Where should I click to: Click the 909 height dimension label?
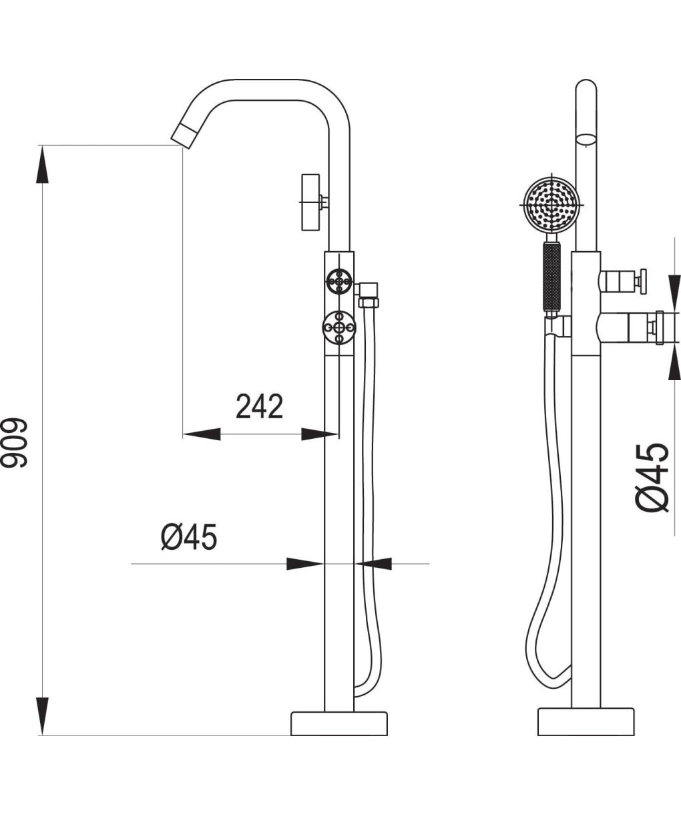click(14, 443)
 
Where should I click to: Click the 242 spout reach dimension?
click(259, 406)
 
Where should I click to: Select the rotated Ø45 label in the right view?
click(652, 477)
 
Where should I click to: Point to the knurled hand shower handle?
click(551, 277)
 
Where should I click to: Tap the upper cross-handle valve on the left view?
click(339, 281)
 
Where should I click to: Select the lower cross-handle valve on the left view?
click(339, 327)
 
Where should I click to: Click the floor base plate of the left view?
click(339, 723)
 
